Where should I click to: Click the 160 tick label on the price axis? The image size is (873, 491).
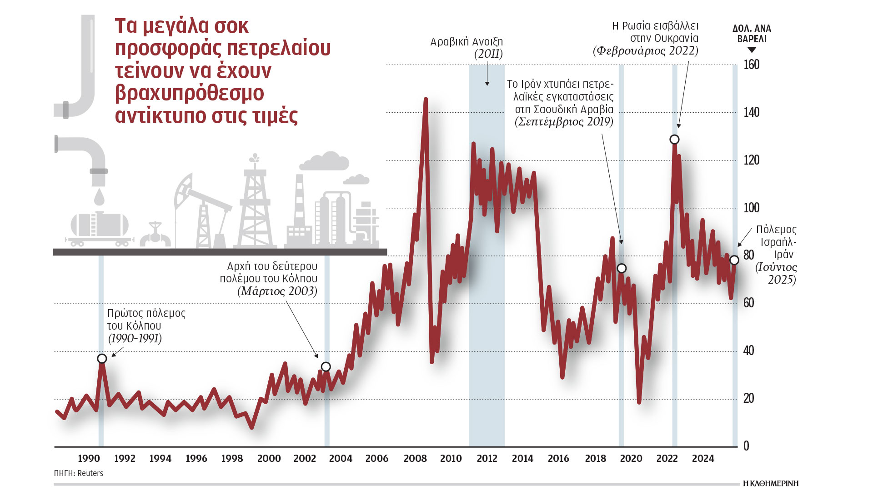pos(751,65)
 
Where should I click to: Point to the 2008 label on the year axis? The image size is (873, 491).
pos(415,458)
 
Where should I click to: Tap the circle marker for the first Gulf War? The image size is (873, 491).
pos(102,359)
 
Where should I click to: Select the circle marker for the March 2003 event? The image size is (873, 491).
pos(326,367)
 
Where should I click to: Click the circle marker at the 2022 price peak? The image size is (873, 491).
pos(674,139)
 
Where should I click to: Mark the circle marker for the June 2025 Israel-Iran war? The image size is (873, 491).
pos(734,260)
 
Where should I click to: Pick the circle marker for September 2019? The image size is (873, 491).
pos(622,268)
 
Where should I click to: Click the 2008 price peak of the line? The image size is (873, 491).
pos(426,99)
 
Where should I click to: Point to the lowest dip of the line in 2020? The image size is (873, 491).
pos(639,402)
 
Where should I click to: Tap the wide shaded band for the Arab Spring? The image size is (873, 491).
pos(487,273)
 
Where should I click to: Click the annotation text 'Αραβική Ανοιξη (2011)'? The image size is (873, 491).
pos(467,48)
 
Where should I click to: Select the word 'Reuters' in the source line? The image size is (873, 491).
pos(90,473)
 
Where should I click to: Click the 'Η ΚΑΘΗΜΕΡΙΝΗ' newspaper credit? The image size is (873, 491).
pos(771,483)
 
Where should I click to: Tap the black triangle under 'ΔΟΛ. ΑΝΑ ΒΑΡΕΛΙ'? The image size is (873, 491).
pos(752,50)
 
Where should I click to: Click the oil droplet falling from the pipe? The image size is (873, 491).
pos(99,198)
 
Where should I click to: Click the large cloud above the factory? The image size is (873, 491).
pos(324,161)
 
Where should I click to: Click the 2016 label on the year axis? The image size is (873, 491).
pos(558,458)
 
